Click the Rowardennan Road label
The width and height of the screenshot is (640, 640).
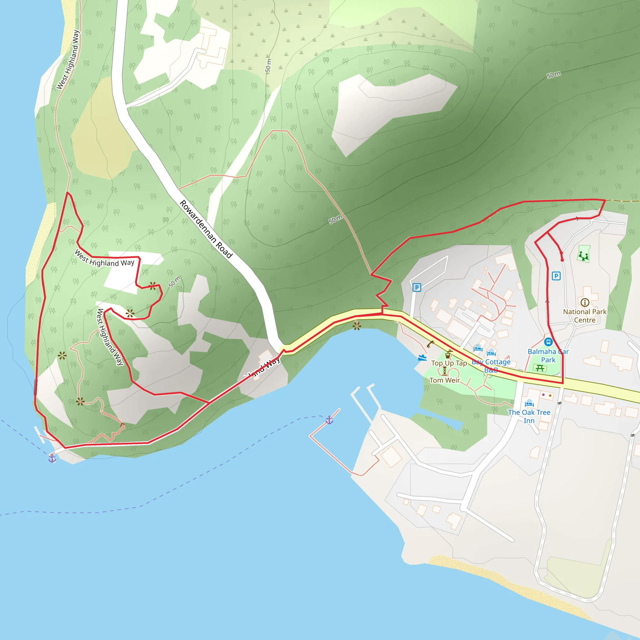206,229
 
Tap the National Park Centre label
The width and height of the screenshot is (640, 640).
585,316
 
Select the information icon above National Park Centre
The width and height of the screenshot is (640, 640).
585,302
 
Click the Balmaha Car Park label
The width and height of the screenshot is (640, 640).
548,355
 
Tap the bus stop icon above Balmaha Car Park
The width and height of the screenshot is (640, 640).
548,342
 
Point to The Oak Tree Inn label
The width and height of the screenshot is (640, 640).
529,416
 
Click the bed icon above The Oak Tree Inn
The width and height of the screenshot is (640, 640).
529,404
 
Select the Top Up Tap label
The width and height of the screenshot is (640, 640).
449,363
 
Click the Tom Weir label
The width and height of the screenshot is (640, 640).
445,380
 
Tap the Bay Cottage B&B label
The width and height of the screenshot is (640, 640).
491,366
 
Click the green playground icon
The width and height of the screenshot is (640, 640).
583,255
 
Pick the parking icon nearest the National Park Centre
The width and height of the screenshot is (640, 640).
556,276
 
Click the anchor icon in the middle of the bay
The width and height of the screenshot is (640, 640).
329,420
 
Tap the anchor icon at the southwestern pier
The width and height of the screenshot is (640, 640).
52,458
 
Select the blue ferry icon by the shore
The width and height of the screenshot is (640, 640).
422,357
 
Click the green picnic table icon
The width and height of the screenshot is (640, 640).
540,368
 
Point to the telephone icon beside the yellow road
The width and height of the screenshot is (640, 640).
430,344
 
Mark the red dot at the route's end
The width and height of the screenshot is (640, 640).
562,260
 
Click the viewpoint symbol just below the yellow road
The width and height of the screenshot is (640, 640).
357,326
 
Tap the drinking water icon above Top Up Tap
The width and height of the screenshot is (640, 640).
448,354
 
